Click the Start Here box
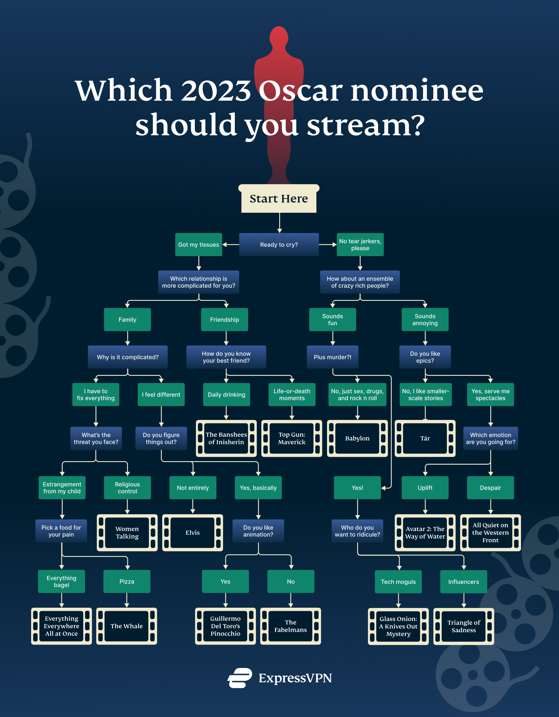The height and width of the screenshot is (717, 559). [x=279, y=199]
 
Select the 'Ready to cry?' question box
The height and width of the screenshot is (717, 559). [x=279, y=245]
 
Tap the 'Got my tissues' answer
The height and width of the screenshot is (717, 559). [x=199, y=245]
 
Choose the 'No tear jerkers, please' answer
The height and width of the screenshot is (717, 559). [x=360, y=245]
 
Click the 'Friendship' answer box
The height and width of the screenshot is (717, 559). [x=224, y=320]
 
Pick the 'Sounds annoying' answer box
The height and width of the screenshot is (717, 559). [x=425, y=320]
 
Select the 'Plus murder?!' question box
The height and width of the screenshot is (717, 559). [x=332, y=357]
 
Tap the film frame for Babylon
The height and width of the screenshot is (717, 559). [x=357, y=438]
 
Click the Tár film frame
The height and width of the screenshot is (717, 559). [x=425, y=438]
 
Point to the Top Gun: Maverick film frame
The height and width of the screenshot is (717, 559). [x=292, y=438]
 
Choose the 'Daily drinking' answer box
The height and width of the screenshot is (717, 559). [x=226, y=395]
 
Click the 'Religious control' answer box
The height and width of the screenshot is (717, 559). [x=127, y=487]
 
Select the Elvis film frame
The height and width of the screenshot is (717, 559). [x=192, y=532]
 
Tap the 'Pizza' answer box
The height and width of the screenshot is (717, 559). [x=126, y=581]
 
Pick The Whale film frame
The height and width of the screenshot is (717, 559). [x=126, y=626]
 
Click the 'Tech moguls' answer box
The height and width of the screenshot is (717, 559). [x=398, y=582]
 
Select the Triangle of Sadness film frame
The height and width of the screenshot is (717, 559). [x=464, y=626]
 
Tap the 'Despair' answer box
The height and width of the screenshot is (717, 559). [x=490, y=487]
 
